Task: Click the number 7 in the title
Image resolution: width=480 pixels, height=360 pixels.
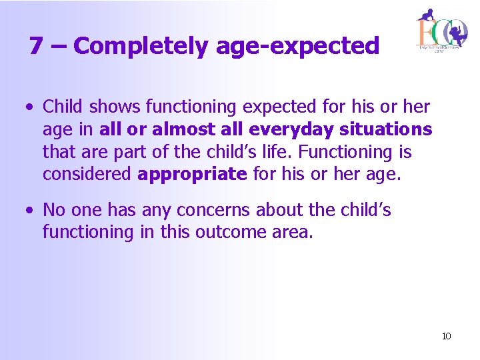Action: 37,46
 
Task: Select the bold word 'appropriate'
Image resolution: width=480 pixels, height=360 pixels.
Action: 192,175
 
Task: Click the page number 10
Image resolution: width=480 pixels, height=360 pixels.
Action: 446,336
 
